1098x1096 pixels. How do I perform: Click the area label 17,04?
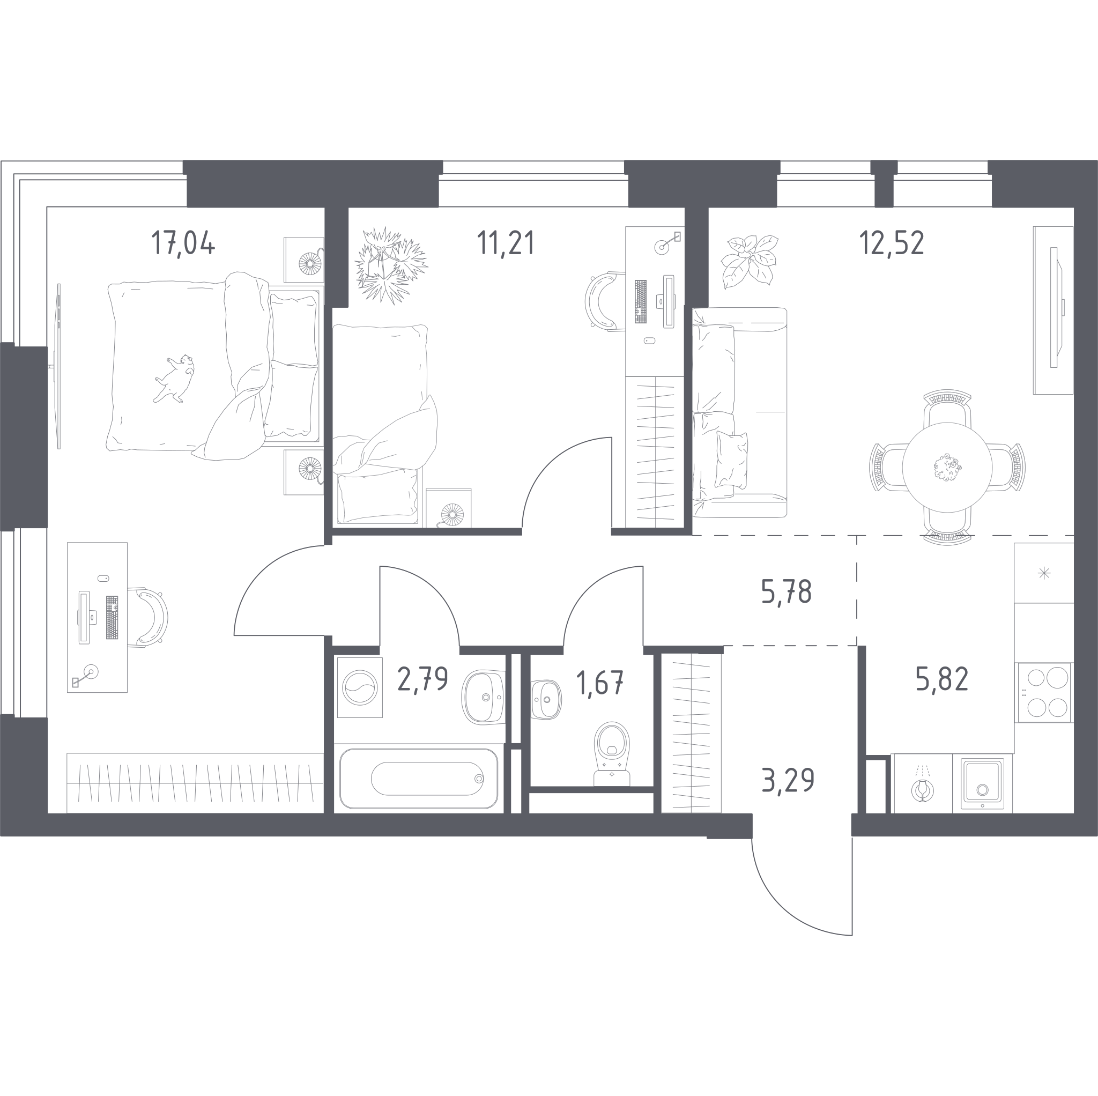pyautogui.click(x=183, y=243)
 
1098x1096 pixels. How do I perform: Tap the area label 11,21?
pyautogui.click(x=505, y=243)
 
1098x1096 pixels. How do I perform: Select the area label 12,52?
pyautogui.click(x=891, y=243)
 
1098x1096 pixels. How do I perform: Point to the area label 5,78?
pyautogui.click(x=786, y=593)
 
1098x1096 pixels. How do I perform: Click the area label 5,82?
pyautogui.click(x=941, y=679)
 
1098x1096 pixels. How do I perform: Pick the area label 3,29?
pyautogui.click(x=788, y=780)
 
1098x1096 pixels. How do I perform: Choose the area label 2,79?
pyautogui.click(x=423, y=679)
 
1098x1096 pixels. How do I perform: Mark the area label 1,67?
pyautogui.click(x=599, y=683)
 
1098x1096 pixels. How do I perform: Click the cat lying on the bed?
pyautogui.click(x=174, y=378)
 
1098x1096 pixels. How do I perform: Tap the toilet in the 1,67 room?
pyautogui.click(x=612, y=754)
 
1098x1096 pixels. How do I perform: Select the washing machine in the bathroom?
pyautogui.click(x=360, y=687)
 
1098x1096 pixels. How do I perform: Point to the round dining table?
pyautogui.click(x=947, y=467)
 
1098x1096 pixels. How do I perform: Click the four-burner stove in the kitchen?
pyautogui.click(x=1044, y=692)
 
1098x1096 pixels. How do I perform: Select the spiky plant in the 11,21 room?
pyautogui.click(x=391, y=265)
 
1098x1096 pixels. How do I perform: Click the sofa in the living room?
pyautogui.click(x=739, y=413)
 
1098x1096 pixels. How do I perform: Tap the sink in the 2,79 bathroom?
pyautogui.click(x=483, y=698)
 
